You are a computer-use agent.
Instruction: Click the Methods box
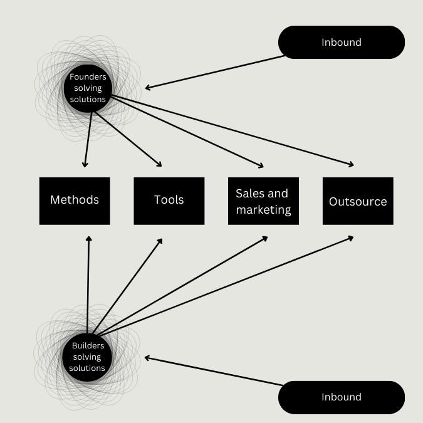point(75,201)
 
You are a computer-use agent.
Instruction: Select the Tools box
point(169,201)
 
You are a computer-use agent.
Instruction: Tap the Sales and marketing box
point(264,201)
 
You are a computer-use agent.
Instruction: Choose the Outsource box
point(358,201)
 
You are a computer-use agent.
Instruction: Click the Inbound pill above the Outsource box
point(342,43)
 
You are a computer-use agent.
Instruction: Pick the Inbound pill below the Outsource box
point(342,397)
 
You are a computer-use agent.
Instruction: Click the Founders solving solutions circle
point(88,88)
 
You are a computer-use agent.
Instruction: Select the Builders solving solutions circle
point(87,357)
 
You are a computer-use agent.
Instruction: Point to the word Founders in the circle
point(88,77)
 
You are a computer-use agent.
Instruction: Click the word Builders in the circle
point(88,345)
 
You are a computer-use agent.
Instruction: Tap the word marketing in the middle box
point(264,210)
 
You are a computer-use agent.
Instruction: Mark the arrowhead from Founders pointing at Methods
point(85,165)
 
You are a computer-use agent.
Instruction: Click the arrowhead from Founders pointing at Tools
point(159,164)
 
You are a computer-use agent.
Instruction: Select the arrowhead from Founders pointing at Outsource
point(351,164)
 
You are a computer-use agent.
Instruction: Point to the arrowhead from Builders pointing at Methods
point(89,239)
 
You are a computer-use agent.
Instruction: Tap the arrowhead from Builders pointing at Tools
point(160,241)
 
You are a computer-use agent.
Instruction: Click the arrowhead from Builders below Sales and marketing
point(264,239)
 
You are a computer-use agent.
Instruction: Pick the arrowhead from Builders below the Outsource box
point(350,238)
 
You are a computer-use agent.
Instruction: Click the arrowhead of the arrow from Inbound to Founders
point(148,87)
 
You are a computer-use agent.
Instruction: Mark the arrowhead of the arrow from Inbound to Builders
point(147,358)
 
